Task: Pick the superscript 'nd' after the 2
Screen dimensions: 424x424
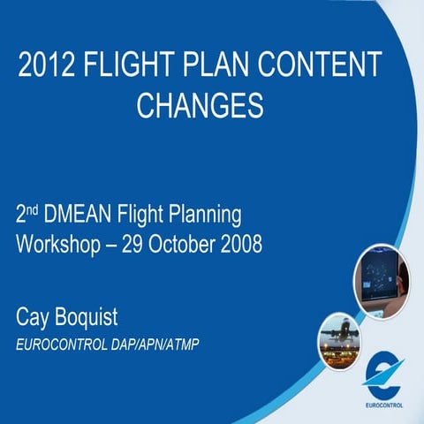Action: (34, 209)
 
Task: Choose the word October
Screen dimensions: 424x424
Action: (187, 243)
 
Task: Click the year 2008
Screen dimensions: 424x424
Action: (241, 243)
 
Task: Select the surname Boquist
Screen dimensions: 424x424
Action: (101, 316)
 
